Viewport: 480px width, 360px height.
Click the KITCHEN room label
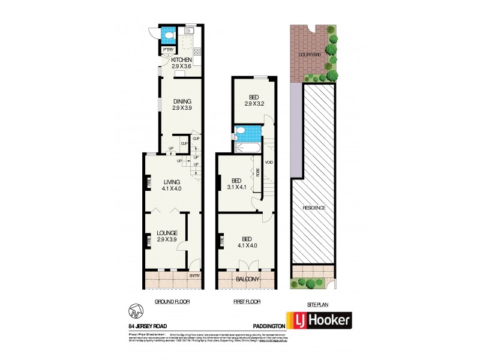click(181, 60)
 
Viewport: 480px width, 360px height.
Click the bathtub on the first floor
click(247, 148)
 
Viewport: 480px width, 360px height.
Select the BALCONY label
click(247, 280)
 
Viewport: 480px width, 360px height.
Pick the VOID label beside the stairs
click(269, 162)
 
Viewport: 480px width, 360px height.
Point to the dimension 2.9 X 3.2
click(254, 104)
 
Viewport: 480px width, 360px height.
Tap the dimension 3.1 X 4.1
click(239, 187)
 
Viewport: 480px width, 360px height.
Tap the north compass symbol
click(136, 311)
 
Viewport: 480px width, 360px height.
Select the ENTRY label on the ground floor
click(194, 275)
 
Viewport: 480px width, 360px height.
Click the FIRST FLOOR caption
click(247, 302)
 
